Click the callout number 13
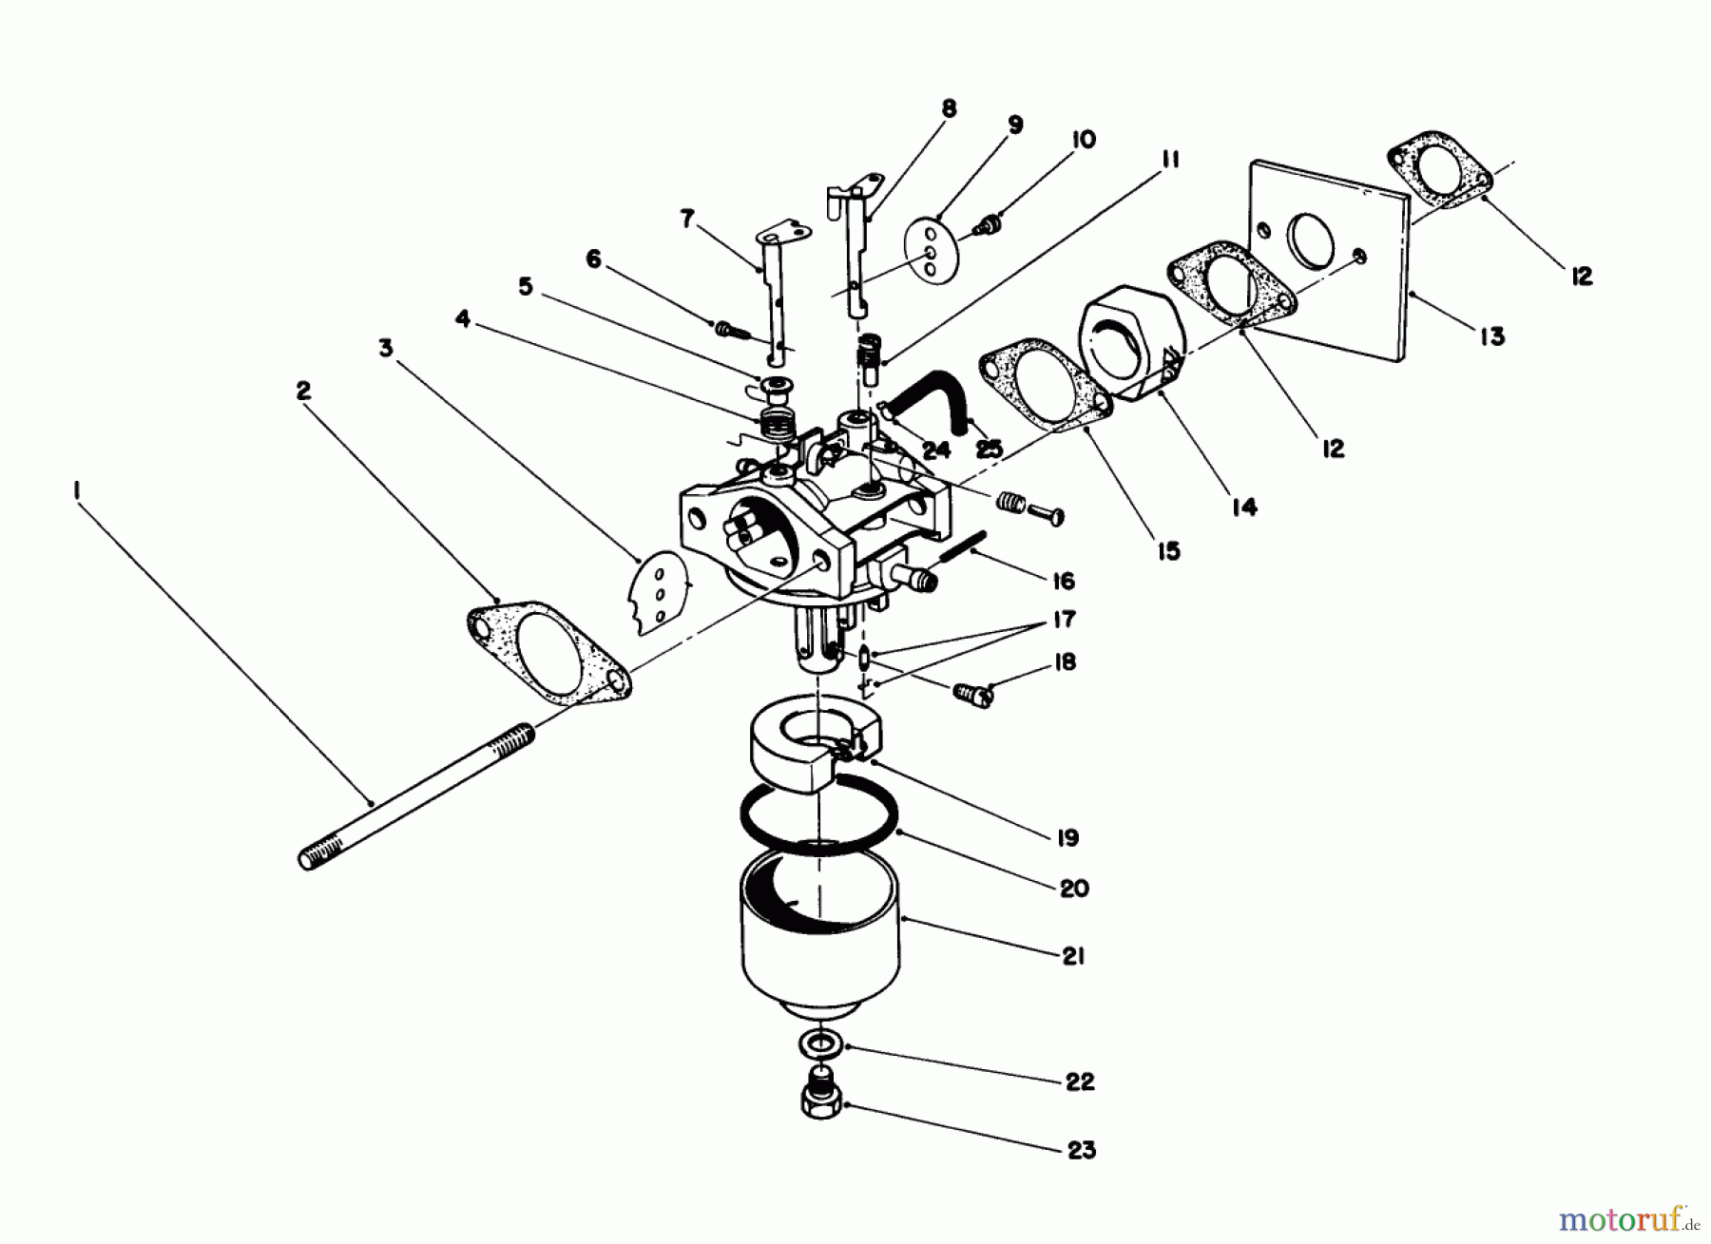coord(1492,335)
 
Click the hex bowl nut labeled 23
coord(823,1101)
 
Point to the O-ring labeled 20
coord(817,818)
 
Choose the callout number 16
coord(1064,581)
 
